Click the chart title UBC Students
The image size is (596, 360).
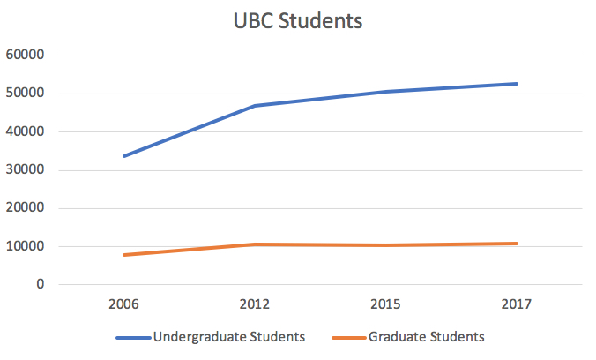click(297, 21)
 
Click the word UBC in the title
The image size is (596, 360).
click(255, 21)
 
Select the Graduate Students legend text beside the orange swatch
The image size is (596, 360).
click(427, 336)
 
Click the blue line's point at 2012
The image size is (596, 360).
click(255, 106)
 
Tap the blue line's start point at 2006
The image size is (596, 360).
click(123, 156)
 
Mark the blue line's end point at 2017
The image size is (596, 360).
click(517, 84)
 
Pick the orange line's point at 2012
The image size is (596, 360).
click(255, 244)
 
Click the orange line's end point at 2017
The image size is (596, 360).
click(517, 244)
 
